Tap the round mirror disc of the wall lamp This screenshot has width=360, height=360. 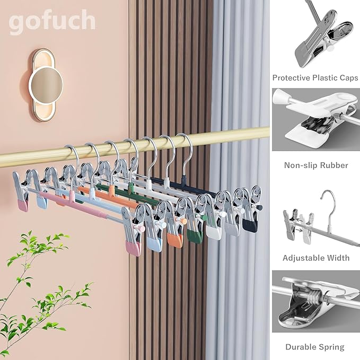click(x=46, y=85)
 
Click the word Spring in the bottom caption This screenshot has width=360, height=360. click(x=332, y=347)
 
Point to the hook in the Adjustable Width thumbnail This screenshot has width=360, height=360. click(x=329, y=204)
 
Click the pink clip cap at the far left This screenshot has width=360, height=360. click(x=23, y=204)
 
